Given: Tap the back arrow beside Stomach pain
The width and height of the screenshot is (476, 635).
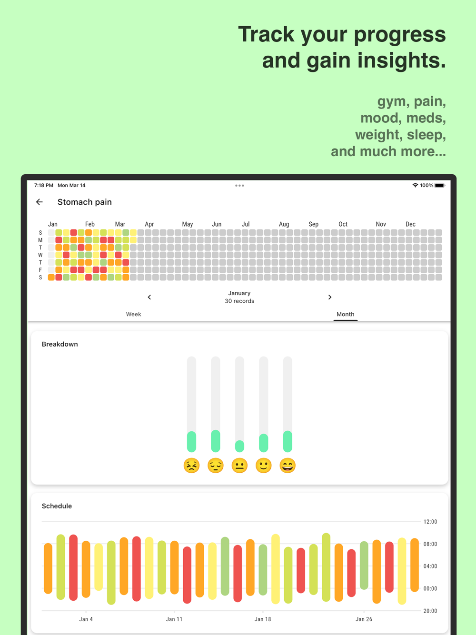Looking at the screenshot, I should tap(40, 202).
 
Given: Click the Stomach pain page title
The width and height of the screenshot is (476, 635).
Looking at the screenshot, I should tap(85, 202).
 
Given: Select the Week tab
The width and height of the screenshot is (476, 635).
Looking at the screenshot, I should tap(133, 314).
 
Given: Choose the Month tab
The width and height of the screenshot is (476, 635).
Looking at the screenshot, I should tap(345, 314).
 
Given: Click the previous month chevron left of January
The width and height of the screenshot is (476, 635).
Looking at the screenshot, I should tap(149, 297).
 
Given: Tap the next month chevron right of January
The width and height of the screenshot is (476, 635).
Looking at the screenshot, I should tap(329, 297).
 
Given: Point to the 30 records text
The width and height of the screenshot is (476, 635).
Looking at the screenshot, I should tap(239, 301).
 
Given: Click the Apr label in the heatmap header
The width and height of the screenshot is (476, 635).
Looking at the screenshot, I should tap(149, 224).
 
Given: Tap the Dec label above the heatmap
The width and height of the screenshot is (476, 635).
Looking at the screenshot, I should tap(410, 224).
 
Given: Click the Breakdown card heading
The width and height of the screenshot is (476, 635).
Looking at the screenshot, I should tap(60, 344).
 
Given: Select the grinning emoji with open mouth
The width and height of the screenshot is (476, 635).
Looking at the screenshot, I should tap(288, 466).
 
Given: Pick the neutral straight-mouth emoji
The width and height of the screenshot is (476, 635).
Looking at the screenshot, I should tap(239, 466).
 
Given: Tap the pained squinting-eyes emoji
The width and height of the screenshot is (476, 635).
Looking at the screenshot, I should tap(191, 466).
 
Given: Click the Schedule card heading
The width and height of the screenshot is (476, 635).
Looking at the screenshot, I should tap(57, 506).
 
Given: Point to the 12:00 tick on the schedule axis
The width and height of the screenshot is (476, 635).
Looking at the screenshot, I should tap(430, 522).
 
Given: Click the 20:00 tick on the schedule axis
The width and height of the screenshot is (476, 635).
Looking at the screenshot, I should tap(430, 611).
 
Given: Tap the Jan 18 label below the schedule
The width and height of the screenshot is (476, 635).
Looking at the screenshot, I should tap(263, 619).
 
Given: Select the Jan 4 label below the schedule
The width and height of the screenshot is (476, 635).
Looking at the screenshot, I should tap(86, 619).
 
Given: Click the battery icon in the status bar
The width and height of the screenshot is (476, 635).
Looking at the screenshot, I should tap(439, 186).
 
